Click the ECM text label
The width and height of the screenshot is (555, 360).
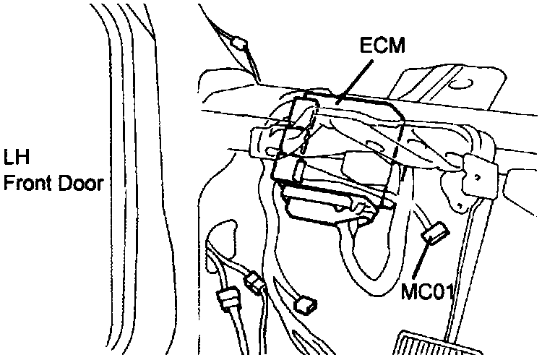[x=383, y=47]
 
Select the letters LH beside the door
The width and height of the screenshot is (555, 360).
[x=17, y=157]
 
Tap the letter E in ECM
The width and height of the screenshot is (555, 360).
[x=366, y=47]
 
